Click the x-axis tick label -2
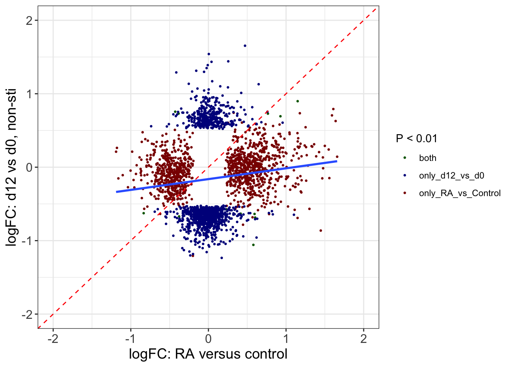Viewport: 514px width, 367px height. click(x=53, y=338)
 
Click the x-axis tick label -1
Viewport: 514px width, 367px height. click(x=130, y=338)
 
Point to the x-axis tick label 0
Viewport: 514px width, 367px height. click(x=208, y=338)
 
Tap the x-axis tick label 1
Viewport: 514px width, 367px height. click(x=286, y=338)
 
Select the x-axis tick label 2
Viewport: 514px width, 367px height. click(x=363, y=338)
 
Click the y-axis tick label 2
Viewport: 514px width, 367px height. click(x=29, y=21)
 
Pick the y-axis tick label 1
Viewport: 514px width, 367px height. click(x=29, y=94)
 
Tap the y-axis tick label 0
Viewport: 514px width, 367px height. click(x=29, y=167)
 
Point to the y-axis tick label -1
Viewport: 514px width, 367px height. click(x=27, y=241)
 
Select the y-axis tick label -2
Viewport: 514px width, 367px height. click(x=27, y=314)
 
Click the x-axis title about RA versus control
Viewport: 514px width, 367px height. click(x=208, y=354)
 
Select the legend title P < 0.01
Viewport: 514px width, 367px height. click(x=416, y=138)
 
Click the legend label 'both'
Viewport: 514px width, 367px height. click(x=428, y=158)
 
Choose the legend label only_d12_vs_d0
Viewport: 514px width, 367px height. click(x=451, y=175)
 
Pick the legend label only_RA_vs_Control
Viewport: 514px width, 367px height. click(x=460, y=193)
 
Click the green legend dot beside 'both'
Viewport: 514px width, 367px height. click(x=405, y=158)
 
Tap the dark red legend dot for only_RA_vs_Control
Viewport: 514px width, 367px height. click(x=405, y=193)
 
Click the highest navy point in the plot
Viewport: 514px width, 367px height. click(x=245, y=46)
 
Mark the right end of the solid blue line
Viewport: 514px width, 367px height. click(x=337, y=161)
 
